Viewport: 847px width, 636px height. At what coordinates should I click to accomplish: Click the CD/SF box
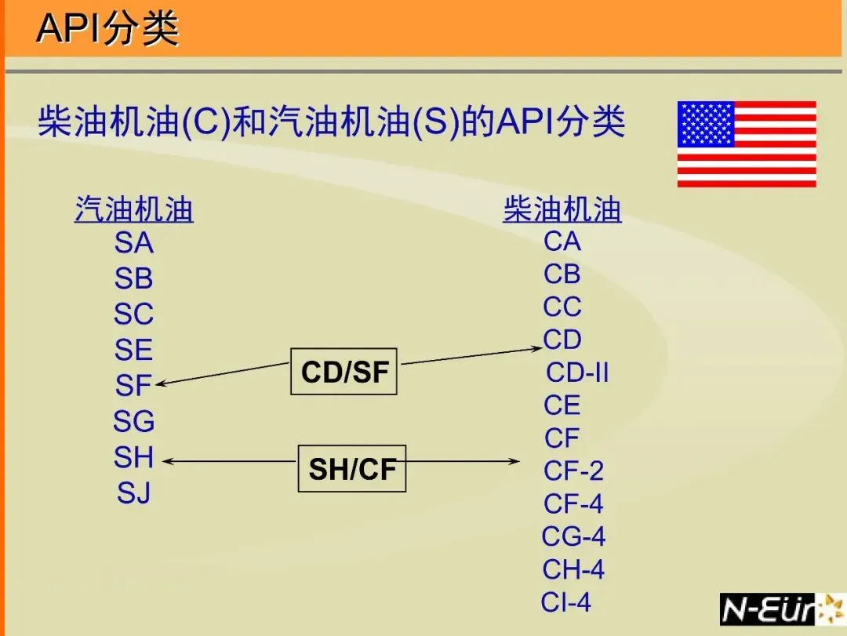344,371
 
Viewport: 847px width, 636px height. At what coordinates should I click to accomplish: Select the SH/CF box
352,469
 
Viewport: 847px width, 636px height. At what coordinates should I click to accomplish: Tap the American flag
746,144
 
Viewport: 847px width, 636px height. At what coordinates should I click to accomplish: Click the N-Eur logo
781,609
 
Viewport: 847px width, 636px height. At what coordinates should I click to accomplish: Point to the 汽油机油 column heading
134,210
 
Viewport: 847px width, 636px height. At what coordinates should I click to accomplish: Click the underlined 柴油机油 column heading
562,210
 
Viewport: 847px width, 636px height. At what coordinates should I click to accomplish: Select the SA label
134,243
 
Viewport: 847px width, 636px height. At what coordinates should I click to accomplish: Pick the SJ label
134,493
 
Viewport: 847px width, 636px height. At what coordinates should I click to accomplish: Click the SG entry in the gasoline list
134,422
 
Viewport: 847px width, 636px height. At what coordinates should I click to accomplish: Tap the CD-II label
577,373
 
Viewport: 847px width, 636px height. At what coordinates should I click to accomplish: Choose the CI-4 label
565,602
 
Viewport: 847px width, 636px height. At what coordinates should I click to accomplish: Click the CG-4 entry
573,536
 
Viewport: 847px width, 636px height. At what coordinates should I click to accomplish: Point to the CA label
562,242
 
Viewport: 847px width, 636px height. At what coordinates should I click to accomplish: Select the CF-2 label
573,471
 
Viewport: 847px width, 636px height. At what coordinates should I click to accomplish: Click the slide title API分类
107,29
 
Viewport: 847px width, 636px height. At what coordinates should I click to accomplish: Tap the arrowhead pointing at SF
162,383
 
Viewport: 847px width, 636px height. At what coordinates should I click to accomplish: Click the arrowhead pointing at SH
167,461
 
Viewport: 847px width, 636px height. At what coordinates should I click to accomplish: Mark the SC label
133,314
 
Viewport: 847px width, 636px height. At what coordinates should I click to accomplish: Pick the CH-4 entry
573,569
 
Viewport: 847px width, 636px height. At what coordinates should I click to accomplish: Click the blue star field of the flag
706,124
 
